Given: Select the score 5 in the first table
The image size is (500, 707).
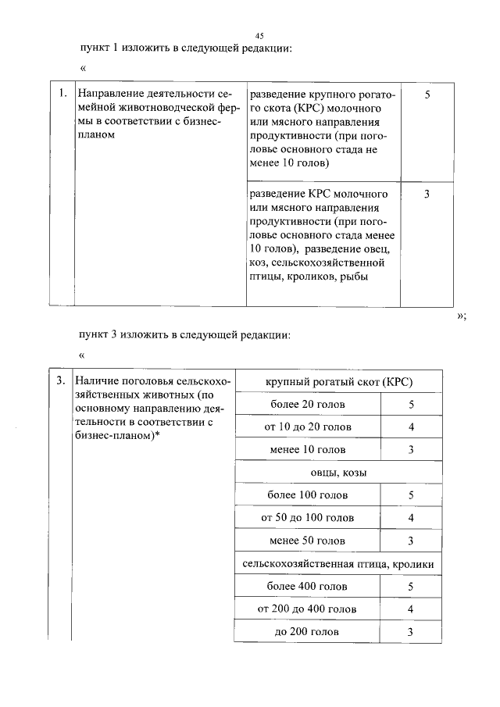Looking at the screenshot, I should (427, 95).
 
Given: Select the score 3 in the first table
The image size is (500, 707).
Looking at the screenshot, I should (427, 195).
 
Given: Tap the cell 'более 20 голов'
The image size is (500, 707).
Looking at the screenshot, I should (307, 405).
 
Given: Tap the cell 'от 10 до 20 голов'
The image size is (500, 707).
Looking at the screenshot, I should (307, 427).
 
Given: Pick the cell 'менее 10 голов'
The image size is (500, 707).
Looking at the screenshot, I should (307, 450).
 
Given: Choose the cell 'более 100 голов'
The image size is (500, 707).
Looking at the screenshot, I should (307, 495).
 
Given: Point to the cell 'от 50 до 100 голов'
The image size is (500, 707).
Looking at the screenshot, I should (307, 518).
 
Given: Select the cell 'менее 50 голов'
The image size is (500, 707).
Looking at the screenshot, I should (307, 541).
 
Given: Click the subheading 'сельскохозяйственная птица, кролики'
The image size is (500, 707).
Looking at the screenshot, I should (338, 563).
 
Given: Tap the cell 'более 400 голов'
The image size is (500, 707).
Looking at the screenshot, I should (307, 587).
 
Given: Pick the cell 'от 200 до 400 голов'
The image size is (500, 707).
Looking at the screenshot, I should (307, 609).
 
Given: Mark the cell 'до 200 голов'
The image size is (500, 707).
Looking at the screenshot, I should (307, 632).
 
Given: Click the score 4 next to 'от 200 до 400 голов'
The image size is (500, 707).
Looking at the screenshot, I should (410, 609).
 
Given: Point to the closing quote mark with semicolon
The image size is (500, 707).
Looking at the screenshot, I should (461, 316).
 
